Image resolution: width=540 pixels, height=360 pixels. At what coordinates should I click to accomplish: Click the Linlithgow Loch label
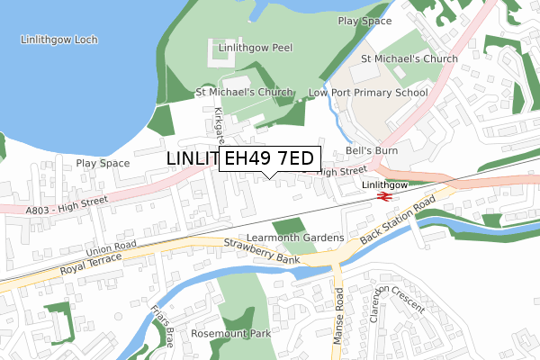click(x=62, y=40)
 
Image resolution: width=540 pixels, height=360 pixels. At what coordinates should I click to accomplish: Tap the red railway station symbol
click(x=382, y=194)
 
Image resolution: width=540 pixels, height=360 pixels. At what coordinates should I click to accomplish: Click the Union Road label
click(x=112, y=247)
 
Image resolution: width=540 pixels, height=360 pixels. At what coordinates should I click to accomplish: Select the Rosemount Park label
click(x=230, y=333)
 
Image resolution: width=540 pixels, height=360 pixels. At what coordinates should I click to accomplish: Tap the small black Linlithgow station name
click(x=385, y=184)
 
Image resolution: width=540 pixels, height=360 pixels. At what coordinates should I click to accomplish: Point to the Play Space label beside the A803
click(x=103, y=164)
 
